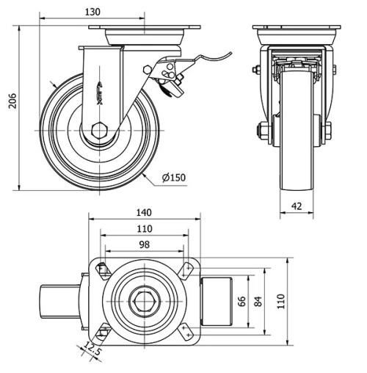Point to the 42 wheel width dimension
pos(297,207)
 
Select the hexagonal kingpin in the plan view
pos(144,301)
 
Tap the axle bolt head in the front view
pos(262,132)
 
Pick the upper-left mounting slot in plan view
pos(101,270)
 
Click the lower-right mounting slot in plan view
pos(188,332)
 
